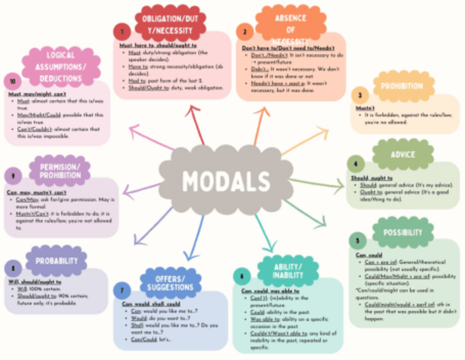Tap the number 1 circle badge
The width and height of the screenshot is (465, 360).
(x=122, y=31)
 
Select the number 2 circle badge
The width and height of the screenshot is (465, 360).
(x=245, y=31)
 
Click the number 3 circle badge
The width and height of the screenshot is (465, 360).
(x=360, y=95)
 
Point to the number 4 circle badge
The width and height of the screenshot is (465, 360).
(x=355, y=164)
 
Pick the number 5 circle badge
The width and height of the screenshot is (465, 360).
(x=358, y=240)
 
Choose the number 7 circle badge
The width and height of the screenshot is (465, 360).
(x=121, y=290)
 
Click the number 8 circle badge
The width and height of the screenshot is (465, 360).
(x=13, y=268)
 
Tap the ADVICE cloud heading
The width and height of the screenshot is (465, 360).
(x=402, y=155)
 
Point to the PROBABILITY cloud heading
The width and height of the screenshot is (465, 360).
(x=57, y=261)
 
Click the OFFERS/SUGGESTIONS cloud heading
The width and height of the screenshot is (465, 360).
(x=171, y=282)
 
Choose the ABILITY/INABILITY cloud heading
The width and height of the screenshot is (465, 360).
(x=288, y=271)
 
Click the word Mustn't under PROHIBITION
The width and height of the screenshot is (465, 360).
(x=362, y=108)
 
